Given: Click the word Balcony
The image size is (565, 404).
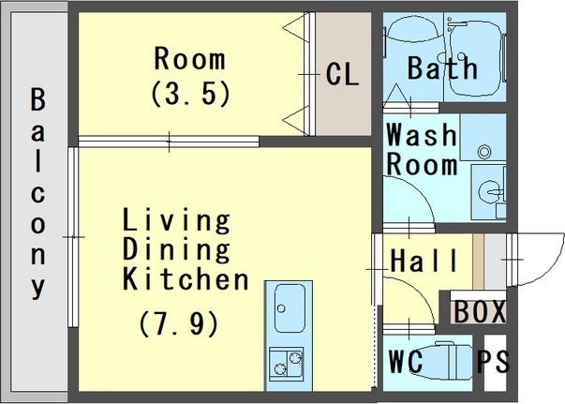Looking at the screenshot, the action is pos(38,194).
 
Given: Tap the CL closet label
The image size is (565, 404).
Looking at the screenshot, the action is pos(342,74).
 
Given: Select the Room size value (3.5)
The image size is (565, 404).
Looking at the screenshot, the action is pos(190,93).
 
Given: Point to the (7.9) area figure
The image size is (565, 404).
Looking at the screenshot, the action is pos(179,323).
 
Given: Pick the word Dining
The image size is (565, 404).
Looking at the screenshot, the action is pos(176,249).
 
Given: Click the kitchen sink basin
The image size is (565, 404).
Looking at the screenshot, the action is pos(290,308).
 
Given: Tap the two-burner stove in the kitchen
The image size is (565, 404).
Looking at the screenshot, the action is pos(287,364).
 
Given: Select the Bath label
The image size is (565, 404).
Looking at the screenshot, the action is pos(442,67).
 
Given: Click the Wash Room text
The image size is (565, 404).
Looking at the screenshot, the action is pos(422,149).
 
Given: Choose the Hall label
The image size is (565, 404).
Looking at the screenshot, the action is pos(424,261).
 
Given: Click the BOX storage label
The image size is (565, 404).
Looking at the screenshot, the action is pos(480,311).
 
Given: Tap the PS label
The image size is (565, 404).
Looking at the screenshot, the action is pos(494,361).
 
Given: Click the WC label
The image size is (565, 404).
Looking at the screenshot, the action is pos(406,361).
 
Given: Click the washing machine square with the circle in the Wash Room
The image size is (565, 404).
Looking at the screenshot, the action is pos(483,138).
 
